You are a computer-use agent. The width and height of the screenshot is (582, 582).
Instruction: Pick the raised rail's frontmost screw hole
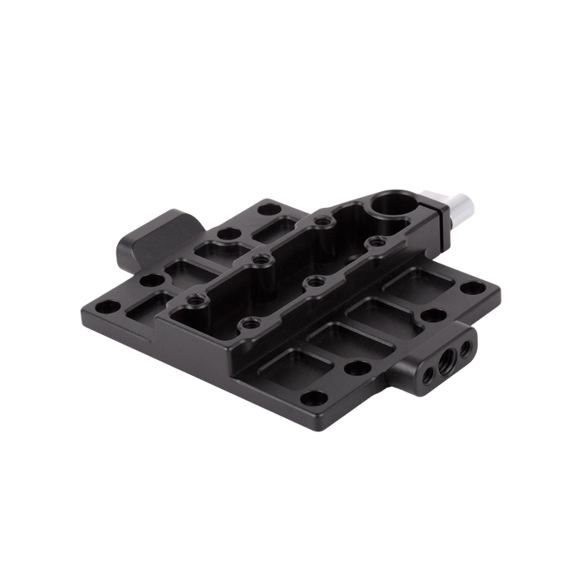pos(246,323)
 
